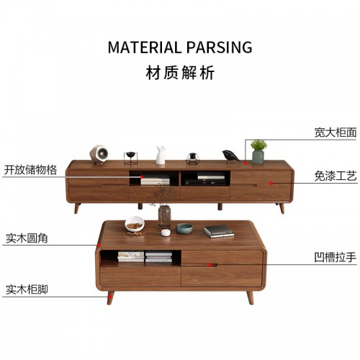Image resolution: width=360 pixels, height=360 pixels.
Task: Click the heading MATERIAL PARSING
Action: pos(180,47)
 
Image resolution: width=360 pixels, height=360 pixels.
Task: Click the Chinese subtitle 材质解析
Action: pos(180,73)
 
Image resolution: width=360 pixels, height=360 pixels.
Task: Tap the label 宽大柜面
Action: pos(336,132)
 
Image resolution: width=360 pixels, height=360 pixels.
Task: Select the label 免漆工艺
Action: pos(336,176)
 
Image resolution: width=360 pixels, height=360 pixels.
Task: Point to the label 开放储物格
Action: pos(30,170)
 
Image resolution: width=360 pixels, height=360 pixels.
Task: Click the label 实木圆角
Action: pos(27,238)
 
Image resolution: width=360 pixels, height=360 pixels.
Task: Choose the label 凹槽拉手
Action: pos(336,258)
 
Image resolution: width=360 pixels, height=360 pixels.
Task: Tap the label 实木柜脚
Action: pos(27,289)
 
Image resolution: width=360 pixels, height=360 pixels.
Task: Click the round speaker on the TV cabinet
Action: pos(99,154)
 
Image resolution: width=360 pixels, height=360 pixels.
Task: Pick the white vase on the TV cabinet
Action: pos(161,155)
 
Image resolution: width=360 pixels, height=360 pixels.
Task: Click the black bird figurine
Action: pos(230,156)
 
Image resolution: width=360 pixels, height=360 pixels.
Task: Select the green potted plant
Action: pos(258,152)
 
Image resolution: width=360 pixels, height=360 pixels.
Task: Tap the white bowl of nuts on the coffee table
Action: pos(135,224)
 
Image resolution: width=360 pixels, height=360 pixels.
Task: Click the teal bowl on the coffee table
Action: pos(184,228)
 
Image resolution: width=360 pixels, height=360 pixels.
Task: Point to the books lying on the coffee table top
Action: pos(219,231)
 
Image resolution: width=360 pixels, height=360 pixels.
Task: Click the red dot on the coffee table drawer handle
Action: pos(210,265)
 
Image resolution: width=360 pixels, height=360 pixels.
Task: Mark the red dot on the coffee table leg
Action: pos(110,297)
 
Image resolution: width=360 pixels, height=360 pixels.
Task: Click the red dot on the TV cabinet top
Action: pos(246,163)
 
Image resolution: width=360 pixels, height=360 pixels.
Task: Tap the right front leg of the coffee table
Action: pos(250,297)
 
